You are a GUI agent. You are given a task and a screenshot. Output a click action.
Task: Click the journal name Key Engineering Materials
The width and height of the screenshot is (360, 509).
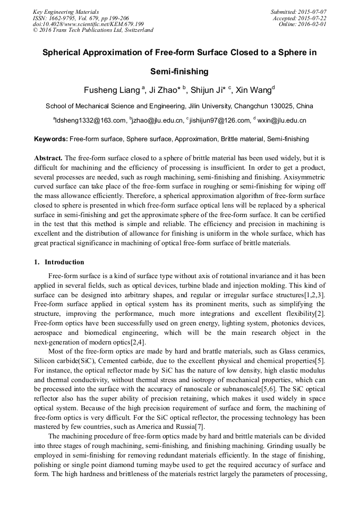pos(65,11)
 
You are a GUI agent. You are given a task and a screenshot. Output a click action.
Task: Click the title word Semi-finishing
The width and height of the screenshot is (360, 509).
pos(179,71)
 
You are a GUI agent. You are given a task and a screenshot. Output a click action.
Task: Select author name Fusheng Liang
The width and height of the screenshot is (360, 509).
pos(112,90)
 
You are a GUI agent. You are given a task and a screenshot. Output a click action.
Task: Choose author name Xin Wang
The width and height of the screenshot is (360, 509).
pos(253,90)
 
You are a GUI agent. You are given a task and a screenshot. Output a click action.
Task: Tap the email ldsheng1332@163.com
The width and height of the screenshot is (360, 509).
pos(91,120)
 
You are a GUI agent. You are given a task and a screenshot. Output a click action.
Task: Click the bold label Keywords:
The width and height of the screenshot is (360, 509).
pos(51,139)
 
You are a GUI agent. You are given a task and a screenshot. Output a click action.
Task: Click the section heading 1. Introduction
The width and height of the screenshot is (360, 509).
pos(59,262)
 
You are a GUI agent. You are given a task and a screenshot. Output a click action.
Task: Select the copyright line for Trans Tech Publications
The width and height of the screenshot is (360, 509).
pos(93,30)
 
